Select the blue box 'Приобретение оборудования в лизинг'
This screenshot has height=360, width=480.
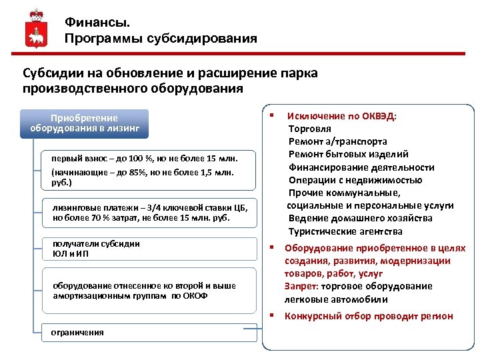(84, 123)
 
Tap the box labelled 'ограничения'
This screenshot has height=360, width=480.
(73, 332)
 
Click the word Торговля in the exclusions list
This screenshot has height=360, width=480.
(309, 129)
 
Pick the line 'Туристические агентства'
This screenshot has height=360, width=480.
(345, 231)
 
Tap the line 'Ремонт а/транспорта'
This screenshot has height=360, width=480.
(337, 141)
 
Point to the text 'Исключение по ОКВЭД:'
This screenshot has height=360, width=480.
(341, 116)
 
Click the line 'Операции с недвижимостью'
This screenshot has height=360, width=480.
(355, 180)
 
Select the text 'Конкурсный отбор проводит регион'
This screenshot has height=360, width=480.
(369, 316)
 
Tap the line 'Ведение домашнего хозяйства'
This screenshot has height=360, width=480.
(360, 218)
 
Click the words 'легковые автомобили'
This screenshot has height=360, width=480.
(336, 299)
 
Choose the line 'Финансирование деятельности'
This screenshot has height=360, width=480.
(361, 167)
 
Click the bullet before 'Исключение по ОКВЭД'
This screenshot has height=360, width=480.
(272, 115)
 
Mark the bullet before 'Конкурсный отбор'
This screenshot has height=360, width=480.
(272, 315)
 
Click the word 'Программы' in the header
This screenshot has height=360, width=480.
(101, 38)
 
